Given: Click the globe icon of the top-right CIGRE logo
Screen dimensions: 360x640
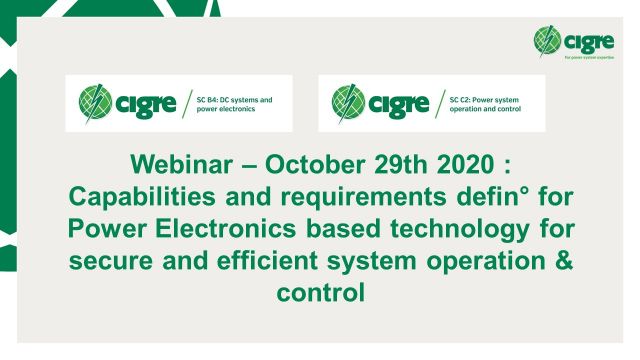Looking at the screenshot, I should point(549,41).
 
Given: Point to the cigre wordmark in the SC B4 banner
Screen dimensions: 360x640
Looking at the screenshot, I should point(146,103).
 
